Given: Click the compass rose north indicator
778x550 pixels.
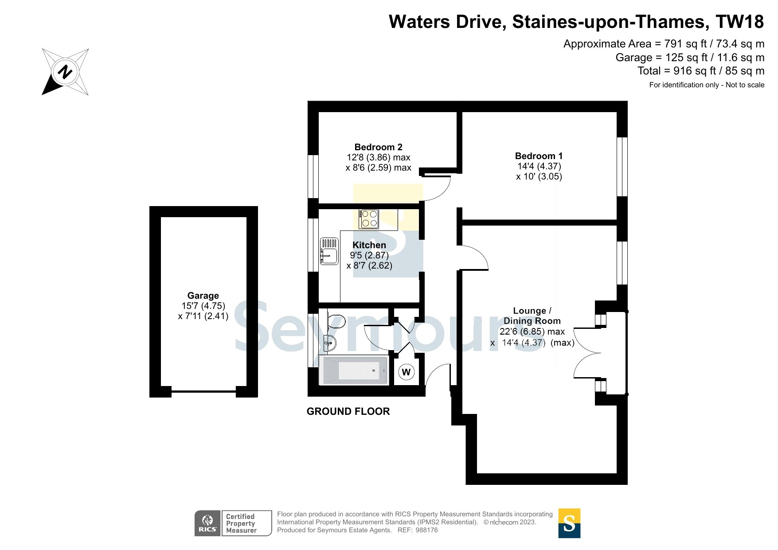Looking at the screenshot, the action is coord(65,72).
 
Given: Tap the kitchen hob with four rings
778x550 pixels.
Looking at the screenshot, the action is coord(369,218).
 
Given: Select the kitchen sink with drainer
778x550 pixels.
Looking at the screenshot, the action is coord(329,251).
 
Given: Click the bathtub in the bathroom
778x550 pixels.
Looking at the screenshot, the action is coord(354,370).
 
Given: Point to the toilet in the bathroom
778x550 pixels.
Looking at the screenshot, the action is coord(336,321).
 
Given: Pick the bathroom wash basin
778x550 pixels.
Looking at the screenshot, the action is coord(330,343).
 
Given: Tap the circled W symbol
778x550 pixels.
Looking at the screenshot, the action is coord(406,372).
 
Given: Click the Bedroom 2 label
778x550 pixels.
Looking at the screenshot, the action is coord(379,147).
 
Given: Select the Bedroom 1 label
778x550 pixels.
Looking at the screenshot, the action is coord(539,156).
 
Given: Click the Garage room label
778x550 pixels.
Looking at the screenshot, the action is coord(203,296).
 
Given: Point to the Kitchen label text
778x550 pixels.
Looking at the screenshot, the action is coord(369,245).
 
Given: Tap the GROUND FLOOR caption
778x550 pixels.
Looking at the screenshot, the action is coord(348,411).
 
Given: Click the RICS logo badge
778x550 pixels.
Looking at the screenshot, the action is coord(207,523).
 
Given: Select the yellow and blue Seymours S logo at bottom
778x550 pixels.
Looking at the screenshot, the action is coord(569,523).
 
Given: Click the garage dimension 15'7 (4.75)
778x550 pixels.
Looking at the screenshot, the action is coord(203,306).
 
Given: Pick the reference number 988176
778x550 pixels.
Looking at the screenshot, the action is coord(426,530).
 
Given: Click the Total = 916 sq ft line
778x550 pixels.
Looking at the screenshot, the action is coord(701,71).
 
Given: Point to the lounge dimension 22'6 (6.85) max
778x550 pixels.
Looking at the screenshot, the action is coord(532,332).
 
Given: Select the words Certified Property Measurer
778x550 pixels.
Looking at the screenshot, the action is coord(241,523).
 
